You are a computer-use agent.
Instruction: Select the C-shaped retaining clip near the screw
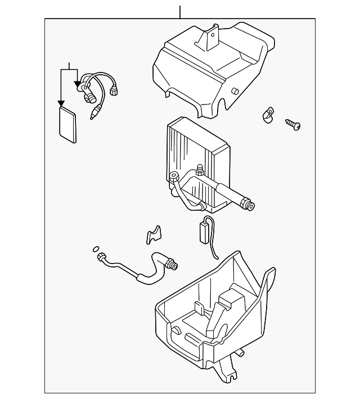coord(267,115)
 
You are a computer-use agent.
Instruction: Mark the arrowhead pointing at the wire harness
coord(77,84)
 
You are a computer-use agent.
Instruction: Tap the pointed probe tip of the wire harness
coord(92,117)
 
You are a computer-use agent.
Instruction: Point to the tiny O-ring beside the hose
coord(95,248)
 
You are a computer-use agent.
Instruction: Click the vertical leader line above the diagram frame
coord(180,11)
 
